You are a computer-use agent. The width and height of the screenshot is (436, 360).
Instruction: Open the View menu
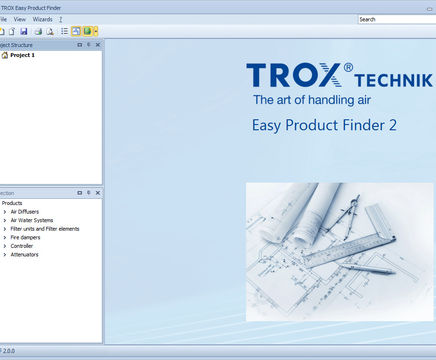pyautogui.click(x=20, y=19)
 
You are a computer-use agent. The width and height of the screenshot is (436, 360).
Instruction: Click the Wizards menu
pyautogui.click(x=43, y=19)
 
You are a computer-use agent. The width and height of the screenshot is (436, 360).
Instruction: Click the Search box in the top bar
pyautogui.click(x=396, y=19)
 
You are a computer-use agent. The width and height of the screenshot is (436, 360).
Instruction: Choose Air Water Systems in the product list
pyautogui.click(x=32, y=220)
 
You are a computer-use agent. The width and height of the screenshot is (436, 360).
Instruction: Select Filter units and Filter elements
pyautogui.click(x=44, y=229)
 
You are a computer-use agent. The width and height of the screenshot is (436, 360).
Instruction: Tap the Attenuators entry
pyautogui.click(x=25, y=254)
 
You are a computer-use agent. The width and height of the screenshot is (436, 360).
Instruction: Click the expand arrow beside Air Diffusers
pyautogui.click(x=4, y=212)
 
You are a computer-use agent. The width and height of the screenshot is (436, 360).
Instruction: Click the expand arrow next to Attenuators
pyautogui.click(x=4, y=254)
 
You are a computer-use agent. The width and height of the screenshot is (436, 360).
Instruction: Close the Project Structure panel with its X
pyautogui.click(x=98, y=44)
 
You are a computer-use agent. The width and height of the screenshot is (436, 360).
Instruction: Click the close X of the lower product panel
pyautogui.click(x=98, y=192)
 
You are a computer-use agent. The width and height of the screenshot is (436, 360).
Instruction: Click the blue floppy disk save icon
pyautogui.click(x=23, y=31)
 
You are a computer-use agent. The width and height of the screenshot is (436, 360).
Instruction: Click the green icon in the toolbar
pyautogui.click(x=88, y=31)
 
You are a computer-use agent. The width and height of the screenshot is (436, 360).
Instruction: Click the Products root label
pyautogui.click(x=12, y=203)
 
